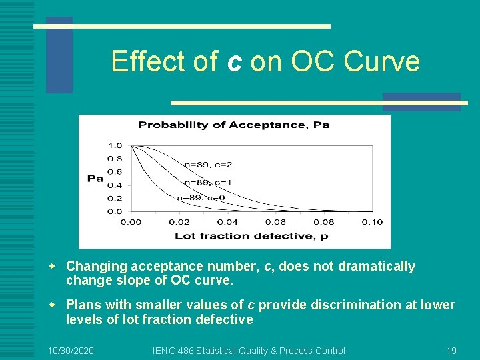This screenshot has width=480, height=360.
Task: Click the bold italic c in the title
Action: tap(233, 62)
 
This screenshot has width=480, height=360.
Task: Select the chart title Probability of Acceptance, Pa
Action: tap(233, 125)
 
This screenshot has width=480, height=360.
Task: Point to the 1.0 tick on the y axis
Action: tap(115, 145)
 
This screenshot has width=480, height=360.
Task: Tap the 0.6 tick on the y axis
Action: tap(115, 172)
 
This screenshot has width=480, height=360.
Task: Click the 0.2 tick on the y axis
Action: tap(115, 198)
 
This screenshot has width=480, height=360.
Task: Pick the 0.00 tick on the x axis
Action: tap(131, 222)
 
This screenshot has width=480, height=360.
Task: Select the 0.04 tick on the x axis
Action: tap(227, 222)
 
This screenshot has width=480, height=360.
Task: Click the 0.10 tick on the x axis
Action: tap(372, 222)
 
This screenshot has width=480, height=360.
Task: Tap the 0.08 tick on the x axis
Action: tap(324, 222)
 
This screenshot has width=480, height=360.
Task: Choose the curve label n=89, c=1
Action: tap(207, 181)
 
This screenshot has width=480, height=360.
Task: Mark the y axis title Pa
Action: tap(95, 178)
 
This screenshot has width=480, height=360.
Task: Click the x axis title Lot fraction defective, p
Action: tap(251, 235)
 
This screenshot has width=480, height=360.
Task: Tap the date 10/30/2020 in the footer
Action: tap(71, 351)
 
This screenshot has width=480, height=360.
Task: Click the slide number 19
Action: tap(451, 351)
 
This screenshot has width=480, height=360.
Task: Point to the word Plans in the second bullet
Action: tap(84, 305)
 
